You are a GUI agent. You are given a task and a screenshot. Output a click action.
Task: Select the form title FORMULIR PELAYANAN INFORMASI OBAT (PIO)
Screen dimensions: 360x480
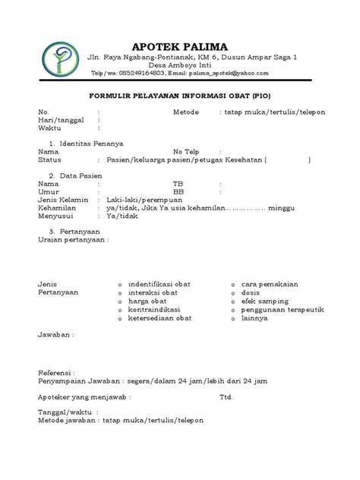point(181,97)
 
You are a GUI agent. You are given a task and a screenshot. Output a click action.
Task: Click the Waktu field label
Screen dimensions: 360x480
point(49,128)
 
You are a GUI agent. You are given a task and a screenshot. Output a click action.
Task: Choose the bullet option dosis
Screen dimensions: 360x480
point(251,292)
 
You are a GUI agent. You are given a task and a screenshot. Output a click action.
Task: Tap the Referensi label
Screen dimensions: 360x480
point(57,373)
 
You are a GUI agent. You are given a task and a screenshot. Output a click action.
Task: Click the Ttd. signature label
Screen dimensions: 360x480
point(226,396)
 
